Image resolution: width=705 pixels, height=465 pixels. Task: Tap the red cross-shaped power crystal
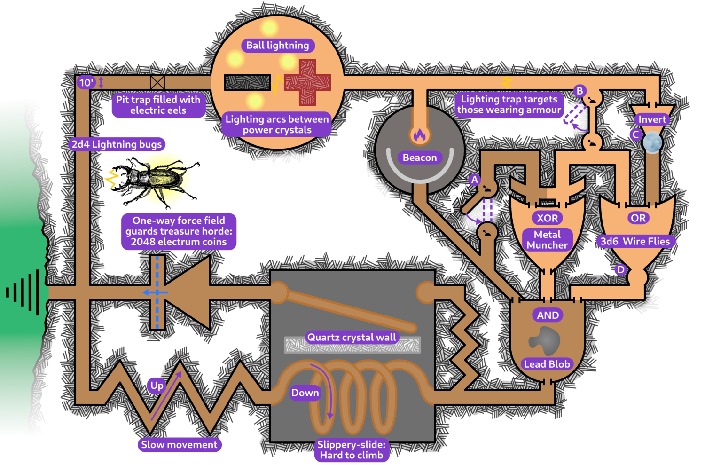(x=307, y=82)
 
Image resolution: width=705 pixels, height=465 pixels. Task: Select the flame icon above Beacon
(x=420, y=135)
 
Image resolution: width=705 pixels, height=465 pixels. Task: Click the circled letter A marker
(x=475, y=180)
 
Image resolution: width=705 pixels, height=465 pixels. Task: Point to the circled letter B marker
(x=580, y=91)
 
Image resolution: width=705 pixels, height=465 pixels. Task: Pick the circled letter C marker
(x=635, y=135)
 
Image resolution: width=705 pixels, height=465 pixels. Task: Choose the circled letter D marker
(x=621, y=269)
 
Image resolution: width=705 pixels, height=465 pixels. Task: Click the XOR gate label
(x=548, y=218)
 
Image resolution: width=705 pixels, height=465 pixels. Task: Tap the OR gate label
(x=638, y=218)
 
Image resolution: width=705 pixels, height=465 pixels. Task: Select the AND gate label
(x=548, y=315)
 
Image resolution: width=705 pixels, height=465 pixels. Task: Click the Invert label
(x=652, y=119)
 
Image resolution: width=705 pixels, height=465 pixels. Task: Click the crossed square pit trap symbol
(x=157, y=83)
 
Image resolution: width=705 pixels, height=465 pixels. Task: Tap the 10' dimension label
(x=86, y=83)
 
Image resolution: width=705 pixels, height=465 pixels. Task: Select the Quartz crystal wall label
(x=352, y=337)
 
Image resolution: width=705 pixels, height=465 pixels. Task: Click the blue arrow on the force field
(x=155, y=292)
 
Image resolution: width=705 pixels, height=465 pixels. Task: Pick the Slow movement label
(x=179, y=445)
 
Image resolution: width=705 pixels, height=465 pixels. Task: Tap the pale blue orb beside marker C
(x=652, y=142)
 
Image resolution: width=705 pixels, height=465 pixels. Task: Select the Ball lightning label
(x=278, y=46)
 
